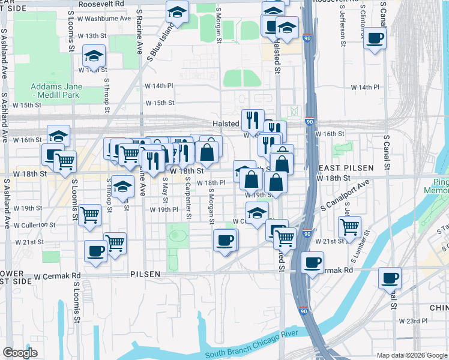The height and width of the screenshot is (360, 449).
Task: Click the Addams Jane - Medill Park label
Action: point(56,91)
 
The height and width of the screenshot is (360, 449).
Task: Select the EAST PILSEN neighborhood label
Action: point(351,168)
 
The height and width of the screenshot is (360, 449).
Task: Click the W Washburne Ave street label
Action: point(108,18)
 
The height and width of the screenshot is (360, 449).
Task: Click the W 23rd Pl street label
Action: point(415,321)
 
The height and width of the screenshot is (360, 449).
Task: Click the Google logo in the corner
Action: point(20,353)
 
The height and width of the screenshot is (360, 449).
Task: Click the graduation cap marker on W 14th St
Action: point(93,56)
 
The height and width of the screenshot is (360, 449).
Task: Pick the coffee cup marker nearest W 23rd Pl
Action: point(389,278)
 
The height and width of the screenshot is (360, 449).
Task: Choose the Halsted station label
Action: point(225,124)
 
